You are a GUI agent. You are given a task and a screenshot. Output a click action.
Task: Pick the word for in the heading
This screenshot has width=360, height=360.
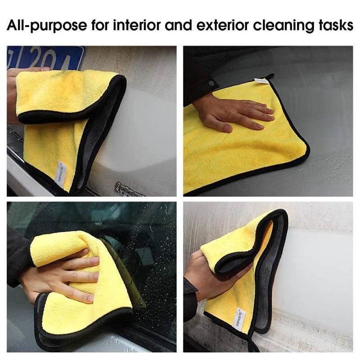click(x=102, y=26)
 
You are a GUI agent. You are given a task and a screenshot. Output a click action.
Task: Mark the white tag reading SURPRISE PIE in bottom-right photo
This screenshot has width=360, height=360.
click(x=240, y=320)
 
